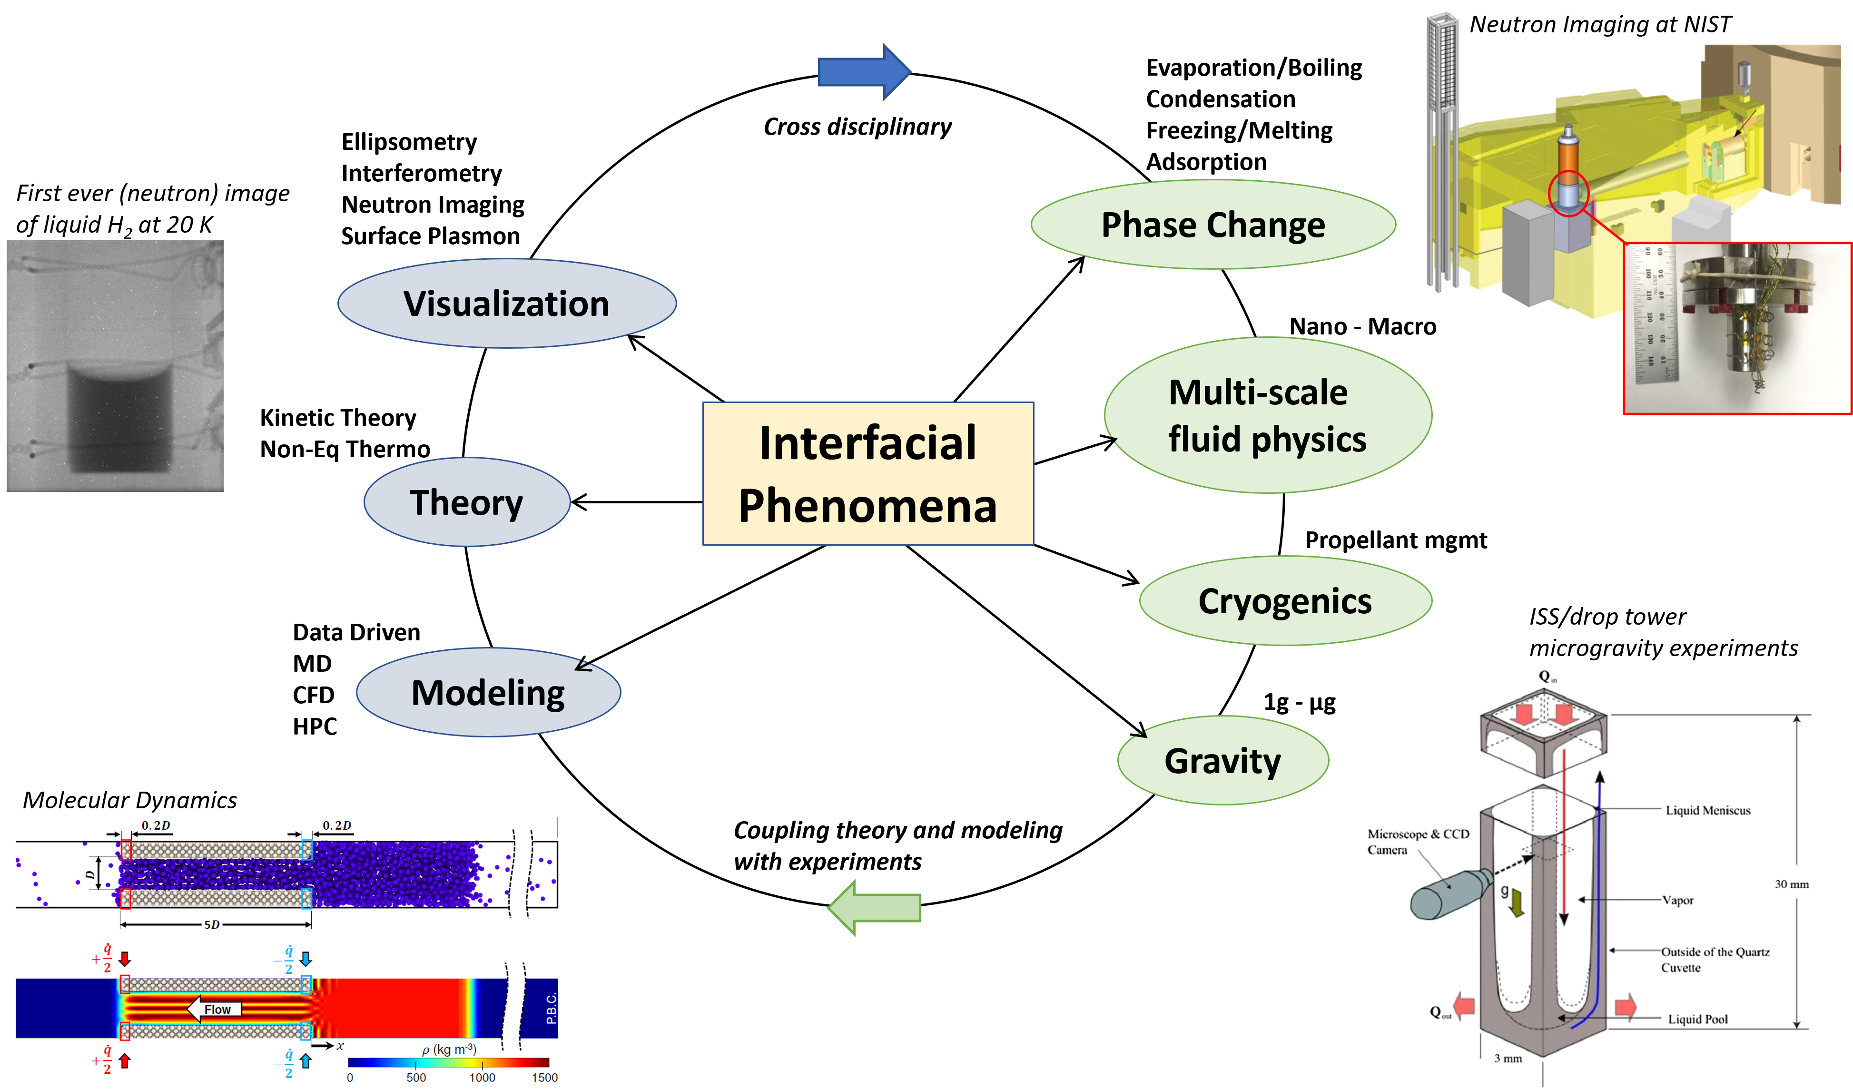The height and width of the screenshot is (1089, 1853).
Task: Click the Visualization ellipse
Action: click(x=507, y=304)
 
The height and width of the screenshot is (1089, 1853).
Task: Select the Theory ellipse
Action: click(x=467, y=502)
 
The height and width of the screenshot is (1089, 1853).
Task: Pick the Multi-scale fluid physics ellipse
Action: click(x=1268, y=415)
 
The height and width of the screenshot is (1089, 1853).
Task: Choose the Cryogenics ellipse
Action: click(x=1285, y=601)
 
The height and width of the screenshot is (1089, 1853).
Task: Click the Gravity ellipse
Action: click(x=1223, y=760)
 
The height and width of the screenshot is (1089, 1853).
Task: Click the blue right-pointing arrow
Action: click(x=865, y=72)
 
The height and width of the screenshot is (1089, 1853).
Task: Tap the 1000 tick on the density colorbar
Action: click(x=483, y=1077)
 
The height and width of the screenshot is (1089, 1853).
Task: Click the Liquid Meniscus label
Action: click(x=1707, y=810)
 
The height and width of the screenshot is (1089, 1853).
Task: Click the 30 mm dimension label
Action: click(x=1791, y=884)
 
